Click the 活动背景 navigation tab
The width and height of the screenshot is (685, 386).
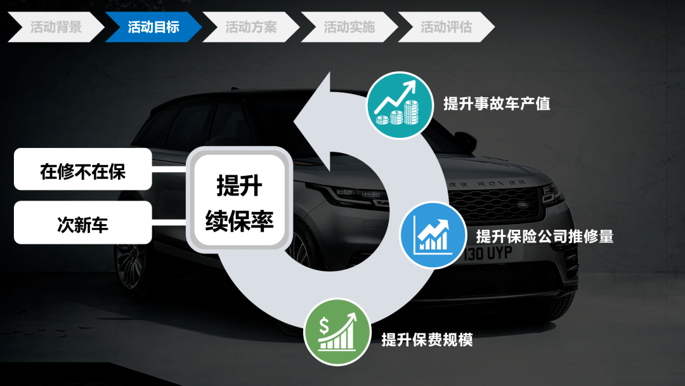[56, 27]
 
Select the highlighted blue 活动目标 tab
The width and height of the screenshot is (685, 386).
[153, 27]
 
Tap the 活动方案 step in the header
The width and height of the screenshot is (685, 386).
[251, 27]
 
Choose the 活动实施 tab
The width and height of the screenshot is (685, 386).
[349, 27]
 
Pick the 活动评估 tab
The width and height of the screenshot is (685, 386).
[446, 27]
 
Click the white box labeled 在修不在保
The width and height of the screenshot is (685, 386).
[83, 169]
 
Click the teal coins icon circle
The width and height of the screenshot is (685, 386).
[400, 105]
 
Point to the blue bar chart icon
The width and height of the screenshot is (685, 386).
[433, 235]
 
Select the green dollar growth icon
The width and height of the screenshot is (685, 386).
[337, 332]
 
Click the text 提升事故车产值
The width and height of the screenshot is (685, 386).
[497, 103]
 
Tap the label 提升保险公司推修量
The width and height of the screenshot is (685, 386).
[545, 237]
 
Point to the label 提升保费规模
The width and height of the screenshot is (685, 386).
[427, 340]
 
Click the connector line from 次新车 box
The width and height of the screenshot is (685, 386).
[169, 223]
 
